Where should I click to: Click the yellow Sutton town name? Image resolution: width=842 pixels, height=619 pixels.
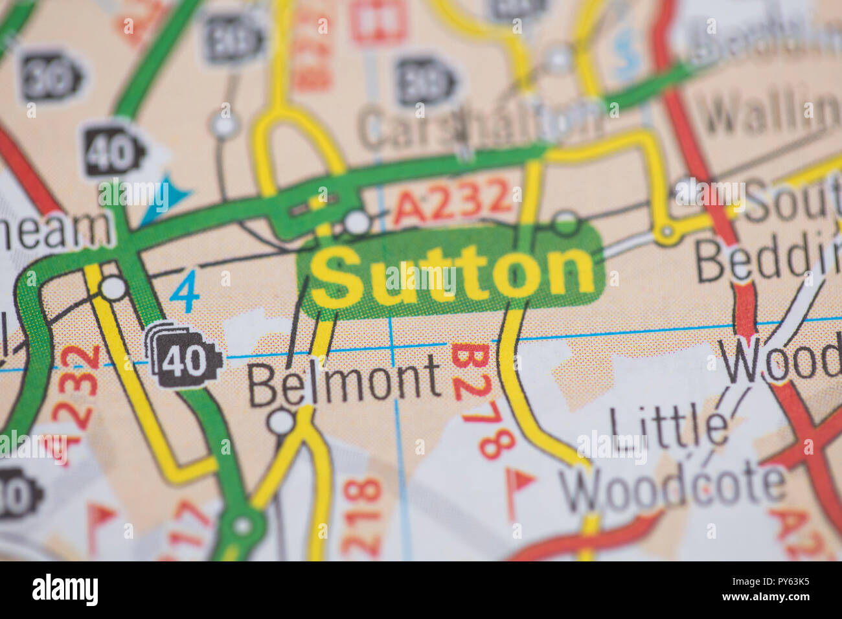point(452,275)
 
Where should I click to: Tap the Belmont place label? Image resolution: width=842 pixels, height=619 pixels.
point(345,382)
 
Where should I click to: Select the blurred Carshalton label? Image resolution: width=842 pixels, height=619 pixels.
point(479,124)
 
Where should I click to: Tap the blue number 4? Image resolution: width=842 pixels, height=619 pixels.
point(187,293)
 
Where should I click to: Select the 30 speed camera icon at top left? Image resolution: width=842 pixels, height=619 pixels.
point(52,80)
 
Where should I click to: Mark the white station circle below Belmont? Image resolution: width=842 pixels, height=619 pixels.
point(282,422)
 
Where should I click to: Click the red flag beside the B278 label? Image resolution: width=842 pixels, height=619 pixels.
point(521,481)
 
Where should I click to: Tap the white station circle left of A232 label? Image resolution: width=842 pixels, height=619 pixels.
point(356,222)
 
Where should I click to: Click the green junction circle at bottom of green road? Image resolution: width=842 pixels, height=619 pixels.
point(243,524)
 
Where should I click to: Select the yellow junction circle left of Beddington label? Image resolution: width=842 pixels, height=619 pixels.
point(665,232)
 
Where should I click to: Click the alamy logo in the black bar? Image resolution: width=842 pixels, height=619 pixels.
point(65,590)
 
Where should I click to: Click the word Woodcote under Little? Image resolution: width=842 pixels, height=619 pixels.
point(674,487)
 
